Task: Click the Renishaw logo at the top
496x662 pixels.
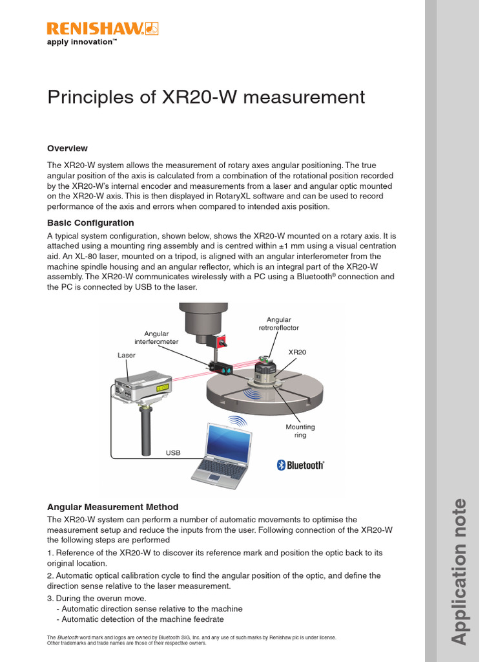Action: click(x=103, y=28)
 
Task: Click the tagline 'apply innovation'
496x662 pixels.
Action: click(x=82, y=42)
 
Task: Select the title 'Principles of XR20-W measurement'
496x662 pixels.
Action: click(x=206, y=98)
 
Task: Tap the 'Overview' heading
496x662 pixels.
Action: click(x=67, y=148)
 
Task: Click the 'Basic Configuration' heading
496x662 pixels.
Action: click(x=90, y=223)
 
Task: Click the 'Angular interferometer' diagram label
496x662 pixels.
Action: click(x=156, y=337)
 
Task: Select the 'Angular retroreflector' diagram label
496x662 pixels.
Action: click(x=279, y=324)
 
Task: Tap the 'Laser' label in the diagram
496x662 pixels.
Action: click(x=127, y=355)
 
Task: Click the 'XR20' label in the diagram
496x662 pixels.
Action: click(x=297, y=352)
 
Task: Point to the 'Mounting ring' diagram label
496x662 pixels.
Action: click(x=300, y=431)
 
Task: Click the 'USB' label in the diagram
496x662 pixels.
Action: click(x=173, y=453)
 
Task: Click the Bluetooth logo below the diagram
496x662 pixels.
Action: click(x=300, y=465)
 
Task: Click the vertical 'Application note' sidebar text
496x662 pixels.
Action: click(x=458, y=571)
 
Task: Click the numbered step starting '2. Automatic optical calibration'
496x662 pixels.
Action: click(x=213, y=581)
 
